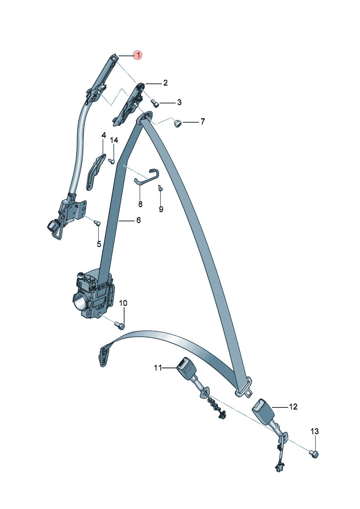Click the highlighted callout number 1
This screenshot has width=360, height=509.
point(138,55)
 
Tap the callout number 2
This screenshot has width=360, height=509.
point(165,83)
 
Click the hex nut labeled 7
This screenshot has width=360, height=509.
point(177,123)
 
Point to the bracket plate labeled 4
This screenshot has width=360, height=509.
point(95,172)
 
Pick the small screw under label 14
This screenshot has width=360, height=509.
point(111,161)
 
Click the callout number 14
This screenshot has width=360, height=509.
point(114,140)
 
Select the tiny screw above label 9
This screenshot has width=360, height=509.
point(161,188)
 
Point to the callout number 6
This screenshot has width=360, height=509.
point(138,220)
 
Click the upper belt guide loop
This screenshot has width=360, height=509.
point(147,117)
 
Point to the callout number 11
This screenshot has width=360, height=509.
point(158,368)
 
